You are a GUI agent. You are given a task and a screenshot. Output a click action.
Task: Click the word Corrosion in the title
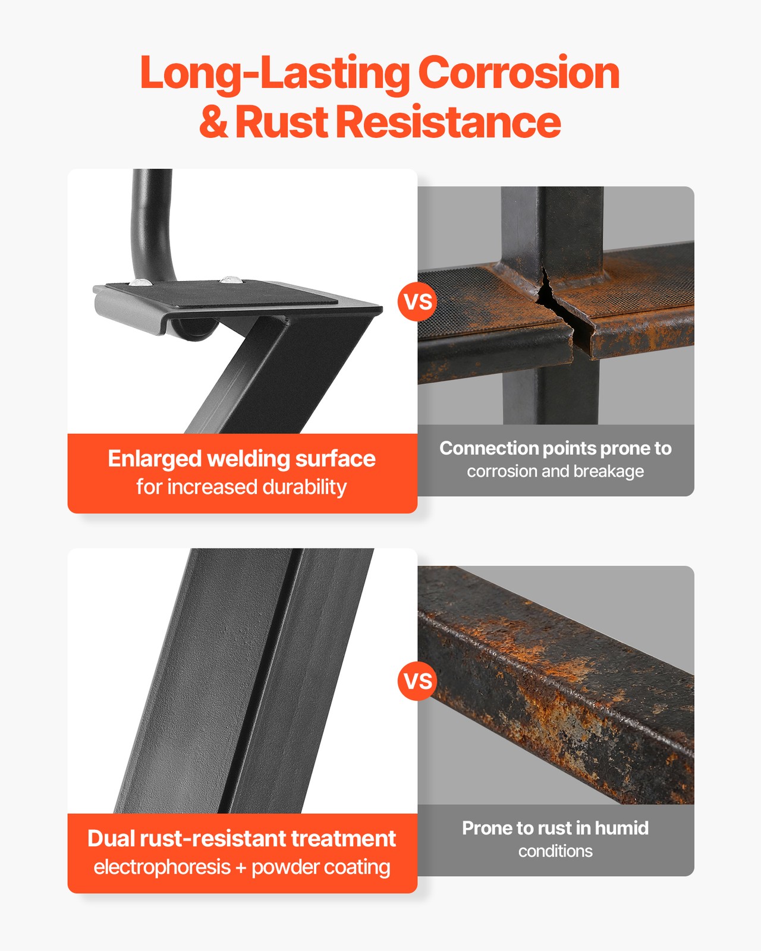pyautogui.click(x=518, y=73)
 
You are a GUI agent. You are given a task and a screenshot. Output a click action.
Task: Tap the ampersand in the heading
pyautogui.click(x=213, y=121)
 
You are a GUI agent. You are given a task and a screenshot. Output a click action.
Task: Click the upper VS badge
pyautogui.click(x=417, y=303)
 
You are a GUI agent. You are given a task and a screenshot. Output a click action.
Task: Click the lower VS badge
pyautogui.click(x=417, y=681)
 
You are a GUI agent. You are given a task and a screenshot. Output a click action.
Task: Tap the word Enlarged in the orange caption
pyautogui.click(x=155, y=459)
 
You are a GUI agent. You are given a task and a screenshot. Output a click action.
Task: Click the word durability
pyautogui.click(x=304, y=487)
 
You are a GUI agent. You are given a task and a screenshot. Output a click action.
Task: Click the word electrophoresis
pyautogui.click(x=162, y=867)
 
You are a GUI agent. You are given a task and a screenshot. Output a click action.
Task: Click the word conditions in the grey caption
pyautogui.click(x=555, y=851)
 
